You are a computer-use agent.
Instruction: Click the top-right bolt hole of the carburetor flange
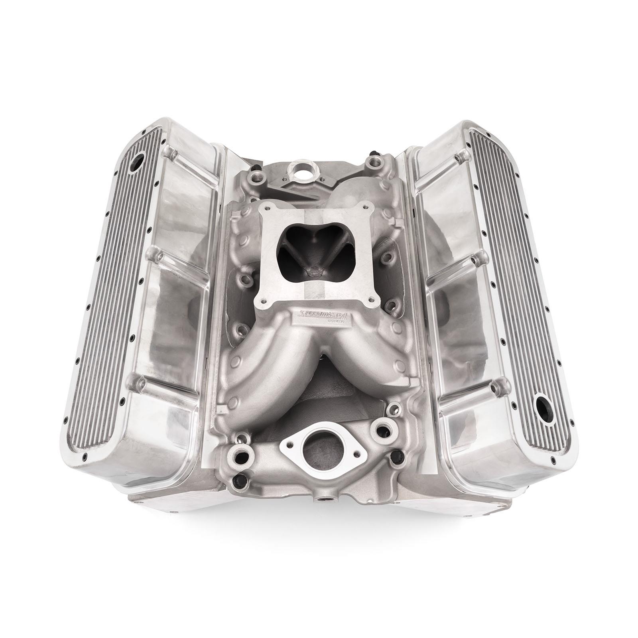[x=367, y=208]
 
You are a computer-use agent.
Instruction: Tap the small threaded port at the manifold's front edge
[x=321, y=499]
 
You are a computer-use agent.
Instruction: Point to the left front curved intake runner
[x=263, y=367]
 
